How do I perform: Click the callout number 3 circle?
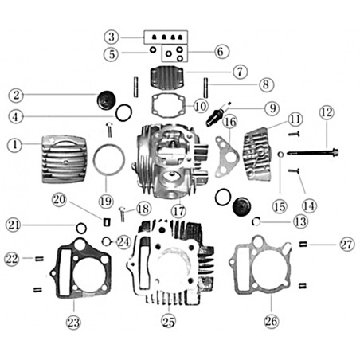[112, 37]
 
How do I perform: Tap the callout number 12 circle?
[327, 112]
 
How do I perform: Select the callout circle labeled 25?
[168, 322]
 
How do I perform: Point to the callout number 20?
[59, 199]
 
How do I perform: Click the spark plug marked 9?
[218, 115]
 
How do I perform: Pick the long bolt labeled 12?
[313, 153]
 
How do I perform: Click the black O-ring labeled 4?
[123, 113]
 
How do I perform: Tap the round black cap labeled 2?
[106, 100]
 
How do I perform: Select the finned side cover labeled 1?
[65, 159]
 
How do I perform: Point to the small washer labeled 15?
[281, 154]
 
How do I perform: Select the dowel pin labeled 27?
[303, 244]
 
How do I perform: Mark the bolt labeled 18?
[123, 214]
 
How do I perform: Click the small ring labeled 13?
[256, 221]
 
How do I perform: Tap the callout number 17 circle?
[178, 211]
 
